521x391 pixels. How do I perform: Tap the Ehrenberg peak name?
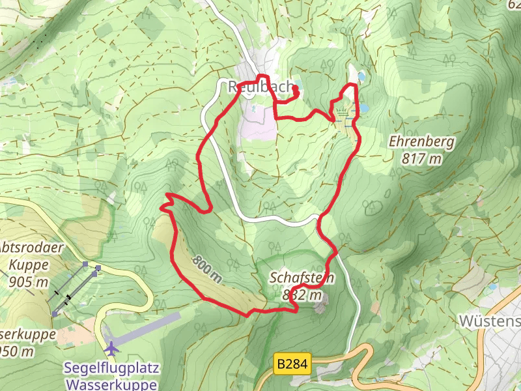point(422,141)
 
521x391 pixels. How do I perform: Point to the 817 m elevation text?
point(422,158)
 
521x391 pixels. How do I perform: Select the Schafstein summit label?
point(302,278)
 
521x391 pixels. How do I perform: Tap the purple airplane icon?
point(112,348)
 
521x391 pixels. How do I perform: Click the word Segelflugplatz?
point(111,368)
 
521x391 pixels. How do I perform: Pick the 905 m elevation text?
point(29,282)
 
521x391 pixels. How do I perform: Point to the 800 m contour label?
point(207,268)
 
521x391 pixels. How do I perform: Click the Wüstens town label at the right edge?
point(490,321)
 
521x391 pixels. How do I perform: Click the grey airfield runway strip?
point(150,326)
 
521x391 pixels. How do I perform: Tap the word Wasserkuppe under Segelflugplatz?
point(111,384)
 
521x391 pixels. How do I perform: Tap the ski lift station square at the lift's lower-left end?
point(55,314)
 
